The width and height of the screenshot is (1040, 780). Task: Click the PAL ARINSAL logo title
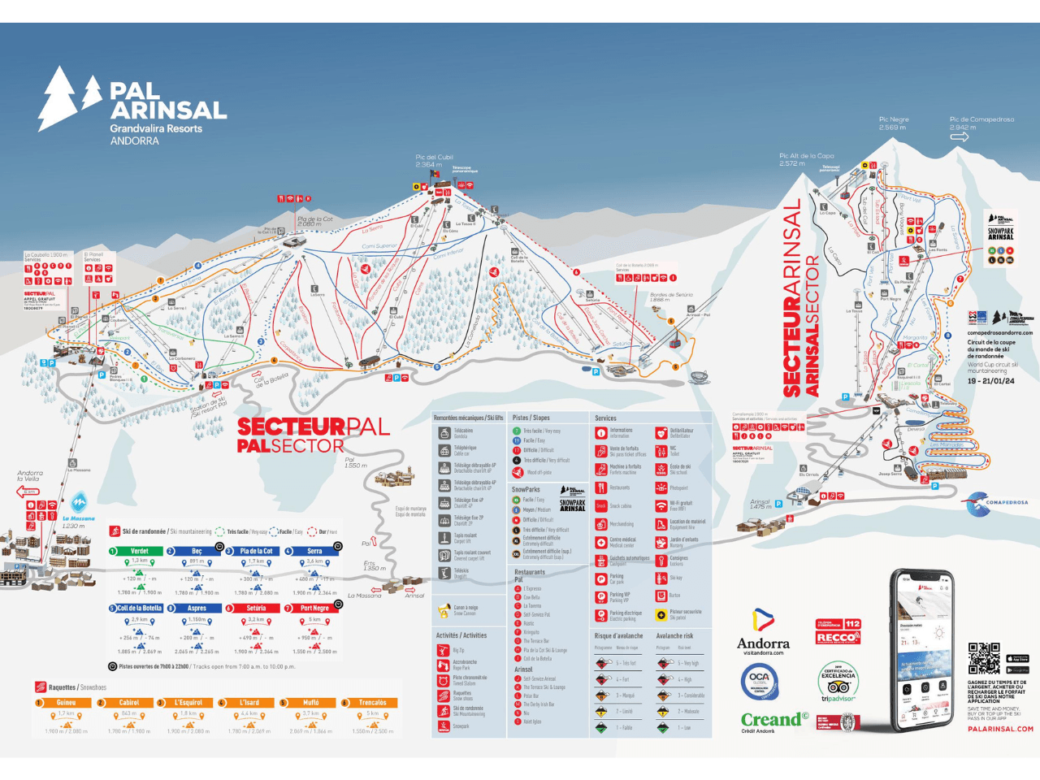pyautogui.click(x=167, y=101)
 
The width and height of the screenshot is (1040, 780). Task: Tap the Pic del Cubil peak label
pyautogui.click(x=434, y=161)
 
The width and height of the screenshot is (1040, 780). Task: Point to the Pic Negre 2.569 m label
pyautogui.click(x=894, y=123)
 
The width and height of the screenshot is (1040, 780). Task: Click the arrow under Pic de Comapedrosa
pyautogui.click(x=960, y=137)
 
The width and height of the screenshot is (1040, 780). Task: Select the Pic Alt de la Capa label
pyautogui.click(x=806, y=159)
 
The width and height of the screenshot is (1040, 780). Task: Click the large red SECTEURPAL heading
pyautogui.click(x=313, y=427)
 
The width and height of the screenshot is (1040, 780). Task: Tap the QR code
pyautogui.click(x=984, y=657)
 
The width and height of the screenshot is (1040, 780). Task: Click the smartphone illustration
pyautogui.click(x=923, y=650)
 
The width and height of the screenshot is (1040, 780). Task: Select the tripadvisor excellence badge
pyautogui.click(x=838, y=682)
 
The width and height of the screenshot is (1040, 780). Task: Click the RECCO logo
pyautogui.click(x=837, y=638)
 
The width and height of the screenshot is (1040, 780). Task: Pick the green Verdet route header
pyautogui.click(x=140, y=551)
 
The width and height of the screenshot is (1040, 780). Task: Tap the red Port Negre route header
pyautogui.click(x=314, y=608)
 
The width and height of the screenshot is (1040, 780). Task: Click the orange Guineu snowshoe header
pyautogui.click(x=66, y=703)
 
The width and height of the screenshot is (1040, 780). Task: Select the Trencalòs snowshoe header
pyautogui.click(x=372, y=703)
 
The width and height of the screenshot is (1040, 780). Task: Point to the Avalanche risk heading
pyautogui.click(x=674, y=636)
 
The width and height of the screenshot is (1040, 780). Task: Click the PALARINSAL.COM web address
pyautogui.click(x=1000, y=729)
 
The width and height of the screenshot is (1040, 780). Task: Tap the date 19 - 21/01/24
pyautogui.click(x=990, y=381)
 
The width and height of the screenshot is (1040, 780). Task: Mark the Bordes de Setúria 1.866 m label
pyautogui.click(x=670, y=297)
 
